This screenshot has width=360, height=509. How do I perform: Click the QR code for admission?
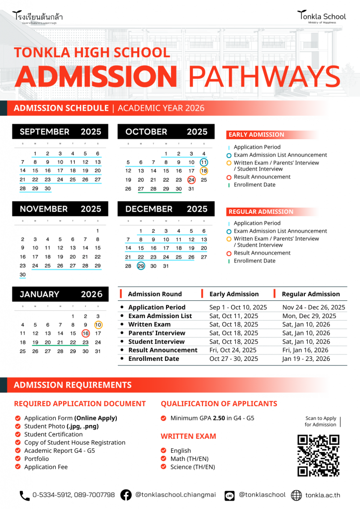318,455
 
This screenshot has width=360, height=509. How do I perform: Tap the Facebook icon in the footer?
126,495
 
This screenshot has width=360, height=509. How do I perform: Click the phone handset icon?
24,495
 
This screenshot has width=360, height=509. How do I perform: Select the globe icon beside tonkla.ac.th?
296,495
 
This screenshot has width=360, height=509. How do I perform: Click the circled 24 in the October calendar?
191,180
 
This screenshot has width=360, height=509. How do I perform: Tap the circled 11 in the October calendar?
204,163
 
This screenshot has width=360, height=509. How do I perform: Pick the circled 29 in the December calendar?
141,266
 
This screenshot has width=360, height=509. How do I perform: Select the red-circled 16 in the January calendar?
86,334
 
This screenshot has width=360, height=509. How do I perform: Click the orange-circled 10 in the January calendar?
98,325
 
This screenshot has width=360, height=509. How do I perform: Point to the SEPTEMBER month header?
45,132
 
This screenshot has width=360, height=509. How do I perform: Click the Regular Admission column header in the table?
311,294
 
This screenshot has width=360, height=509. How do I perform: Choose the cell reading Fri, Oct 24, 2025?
234,350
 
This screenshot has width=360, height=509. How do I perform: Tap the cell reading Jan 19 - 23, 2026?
306,358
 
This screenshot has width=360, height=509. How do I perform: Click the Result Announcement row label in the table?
163,350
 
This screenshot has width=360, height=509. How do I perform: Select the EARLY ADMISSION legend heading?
257,135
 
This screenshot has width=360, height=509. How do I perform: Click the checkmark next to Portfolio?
18,459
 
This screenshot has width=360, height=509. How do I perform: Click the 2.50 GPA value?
219,418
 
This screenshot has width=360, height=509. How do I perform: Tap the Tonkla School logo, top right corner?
322,17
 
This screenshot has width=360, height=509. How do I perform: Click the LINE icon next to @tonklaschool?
230,495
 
